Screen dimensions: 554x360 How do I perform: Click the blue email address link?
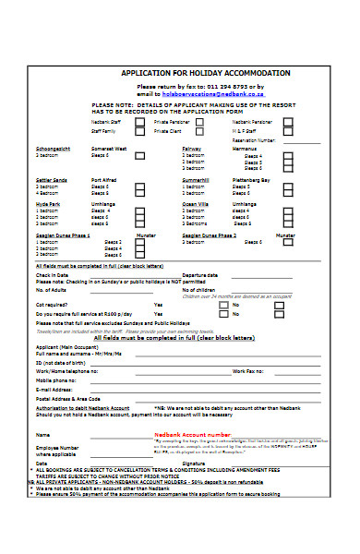[200, 93]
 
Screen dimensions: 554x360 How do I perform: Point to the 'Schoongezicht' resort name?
[53, 148]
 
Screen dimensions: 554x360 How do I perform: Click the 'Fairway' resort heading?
[192, 148]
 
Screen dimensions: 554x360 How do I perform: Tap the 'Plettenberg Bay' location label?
[251, 179]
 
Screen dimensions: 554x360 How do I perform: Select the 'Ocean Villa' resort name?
[196, 203]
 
